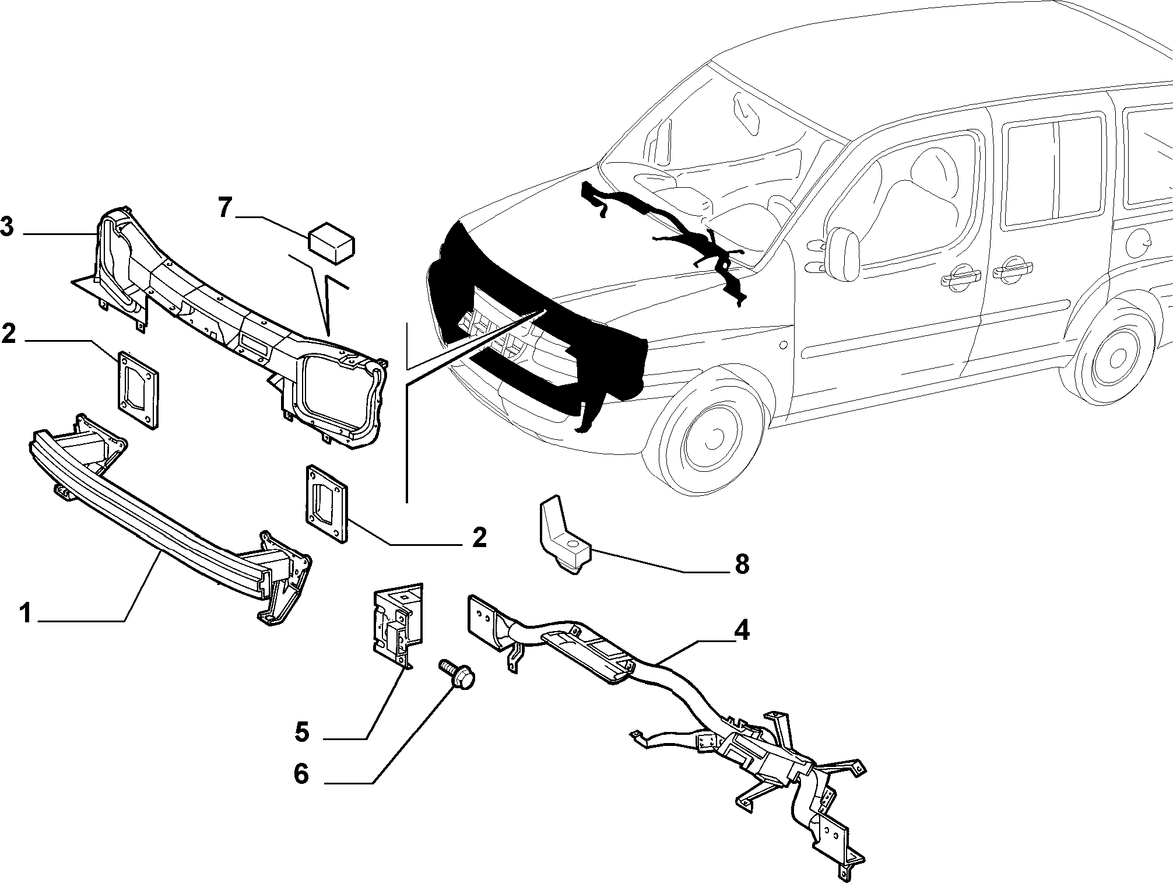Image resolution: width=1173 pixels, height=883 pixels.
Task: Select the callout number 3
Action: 6,227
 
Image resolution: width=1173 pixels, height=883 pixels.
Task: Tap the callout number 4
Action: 741,630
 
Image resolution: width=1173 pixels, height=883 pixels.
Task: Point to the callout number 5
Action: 301,732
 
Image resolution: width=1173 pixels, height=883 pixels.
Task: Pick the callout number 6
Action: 301,774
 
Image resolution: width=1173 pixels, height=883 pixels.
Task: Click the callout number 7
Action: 225,207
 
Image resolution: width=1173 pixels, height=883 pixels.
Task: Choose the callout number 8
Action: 742,564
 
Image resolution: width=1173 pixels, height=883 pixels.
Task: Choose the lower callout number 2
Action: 479,538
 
